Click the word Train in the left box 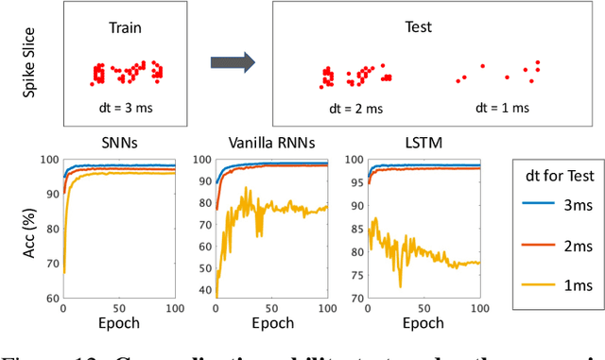point(126,27)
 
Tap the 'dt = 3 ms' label point(125,108)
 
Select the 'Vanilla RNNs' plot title point(271,143)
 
